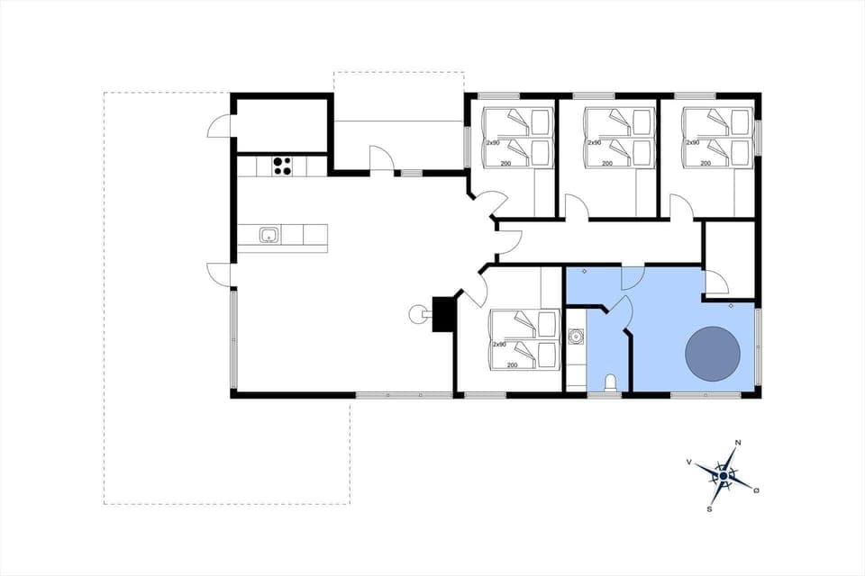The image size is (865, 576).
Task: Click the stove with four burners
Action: [282, 166]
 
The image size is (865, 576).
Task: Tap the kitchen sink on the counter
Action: [268, 236]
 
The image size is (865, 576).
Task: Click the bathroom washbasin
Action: [577, 338]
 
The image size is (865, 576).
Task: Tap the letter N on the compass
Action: [738, 443]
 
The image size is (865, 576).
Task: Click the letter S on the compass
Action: [710, 508]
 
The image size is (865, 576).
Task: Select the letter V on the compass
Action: [689, 462]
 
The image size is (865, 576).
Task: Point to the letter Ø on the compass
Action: [757, 490]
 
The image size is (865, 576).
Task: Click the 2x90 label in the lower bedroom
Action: [499, 345]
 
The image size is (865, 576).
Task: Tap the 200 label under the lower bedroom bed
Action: [512, 364]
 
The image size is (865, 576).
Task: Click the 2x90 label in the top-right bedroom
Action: [693, 142]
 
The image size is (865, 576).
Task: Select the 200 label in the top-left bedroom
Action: [506, 163]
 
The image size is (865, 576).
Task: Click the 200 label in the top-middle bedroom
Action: [607, 163]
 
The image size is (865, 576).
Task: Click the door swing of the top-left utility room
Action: [220, 126]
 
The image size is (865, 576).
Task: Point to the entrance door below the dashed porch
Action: [382, 158]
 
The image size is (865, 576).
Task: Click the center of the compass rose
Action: [723, 475]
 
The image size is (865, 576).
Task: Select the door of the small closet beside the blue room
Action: [716, 283]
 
